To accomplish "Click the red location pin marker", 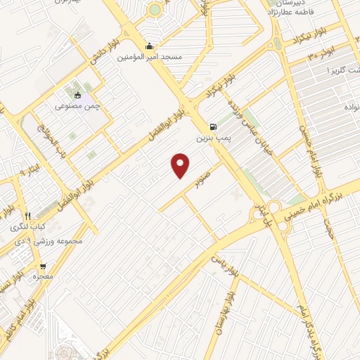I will (x=181, y=165).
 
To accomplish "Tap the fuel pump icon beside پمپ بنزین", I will (x=212, y=117).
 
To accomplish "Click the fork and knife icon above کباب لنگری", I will (x=27, y=216).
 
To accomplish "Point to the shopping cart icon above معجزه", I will (x=44, y=266).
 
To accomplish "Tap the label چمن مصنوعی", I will (x=78, y=106).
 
